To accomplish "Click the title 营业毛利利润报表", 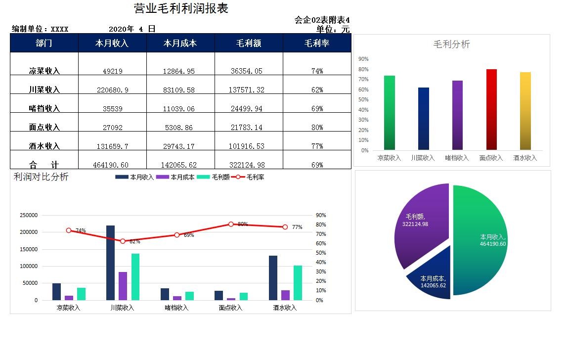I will coord(181,8).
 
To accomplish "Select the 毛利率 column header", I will coord(317,44).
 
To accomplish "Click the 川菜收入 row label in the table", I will coord(44,90).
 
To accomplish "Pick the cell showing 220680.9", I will coord(112,90).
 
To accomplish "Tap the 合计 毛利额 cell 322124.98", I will coord(249,165).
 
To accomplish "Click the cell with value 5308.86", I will coord(180,127).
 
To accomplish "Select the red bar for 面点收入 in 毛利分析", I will coord(491,109).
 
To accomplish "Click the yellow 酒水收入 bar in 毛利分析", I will coord(525,111).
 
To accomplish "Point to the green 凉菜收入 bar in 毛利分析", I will coord(389,112).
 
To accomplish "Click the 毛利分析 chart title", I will coord(451,44).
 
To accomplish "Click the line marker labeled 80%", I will coord(231,224).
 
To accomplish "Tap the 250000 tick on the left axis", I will coord(29,215).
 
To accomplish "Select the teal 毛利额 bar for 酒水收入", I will coord(298,282).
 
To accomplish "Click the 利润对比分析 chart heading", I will coord(41,177).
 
